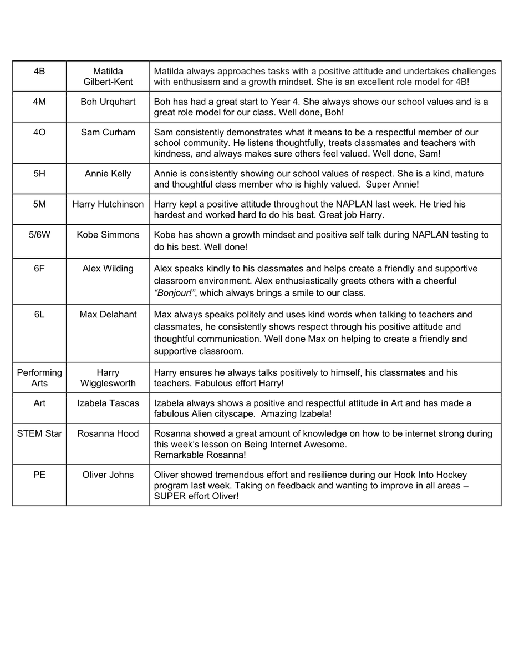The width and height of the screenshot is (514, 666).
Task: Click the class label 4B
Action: tap(39, 72)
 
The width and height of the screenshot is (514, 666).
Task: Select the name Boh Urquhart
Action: tap(108, 102)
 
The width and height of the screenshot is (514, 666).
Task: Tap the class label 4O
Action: tap(39, 133)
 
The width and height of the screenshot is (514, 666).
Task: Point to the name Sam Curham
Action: tap(108, 133)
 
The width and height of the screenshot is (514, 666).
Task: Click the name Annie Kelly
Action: tap(108, 174)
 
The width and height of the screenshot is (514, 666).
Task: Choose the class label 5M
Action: tap(39, 204)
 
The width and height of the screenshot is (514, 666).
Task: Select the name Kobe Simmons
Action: tap(108, 235)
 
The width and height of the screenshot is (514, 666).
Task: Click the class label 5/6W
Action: tap(39, 235)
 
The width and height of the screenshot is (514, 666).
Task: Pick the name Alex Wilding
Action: tap(108, 269)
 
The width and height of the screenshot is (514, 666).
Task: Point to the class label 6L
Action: tap(39, 315)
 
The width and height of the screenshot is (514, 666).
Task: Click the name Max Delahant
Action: tap(108, 315)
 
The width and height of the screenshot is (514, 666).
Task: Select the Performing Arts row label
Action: tap(39, 378)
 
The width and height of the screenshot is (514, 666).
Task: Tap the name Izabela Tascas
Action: tap(108, 403)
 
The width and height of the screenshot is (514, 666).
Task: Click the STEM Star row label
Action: tap(39, 434)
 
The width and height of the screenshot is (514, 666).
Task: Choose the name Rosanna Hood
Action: tap(108, 434)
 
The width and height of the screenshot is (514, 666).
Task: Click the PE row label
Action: tap(39, 475)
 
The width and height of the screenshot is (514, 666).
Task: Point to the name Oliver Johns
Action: tap(108, 475)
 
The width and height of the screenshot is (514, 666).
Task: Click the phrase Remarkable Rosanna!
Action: tap(200, 455)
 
